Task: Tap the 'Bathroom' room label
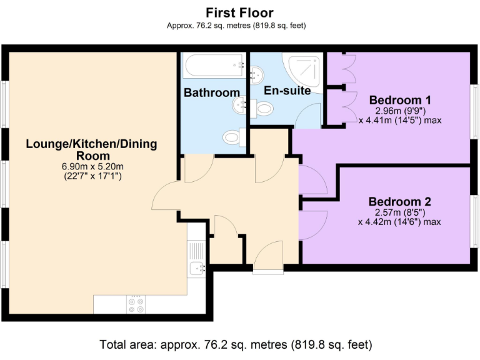211,92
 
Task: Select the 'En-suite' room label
287,91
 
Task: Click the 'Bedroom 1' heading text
400,100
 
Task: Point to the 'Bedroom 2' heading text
400,202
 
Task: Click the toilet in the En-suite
262,109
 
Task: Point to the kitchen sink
196,269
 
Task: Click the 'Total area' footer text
236,344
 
